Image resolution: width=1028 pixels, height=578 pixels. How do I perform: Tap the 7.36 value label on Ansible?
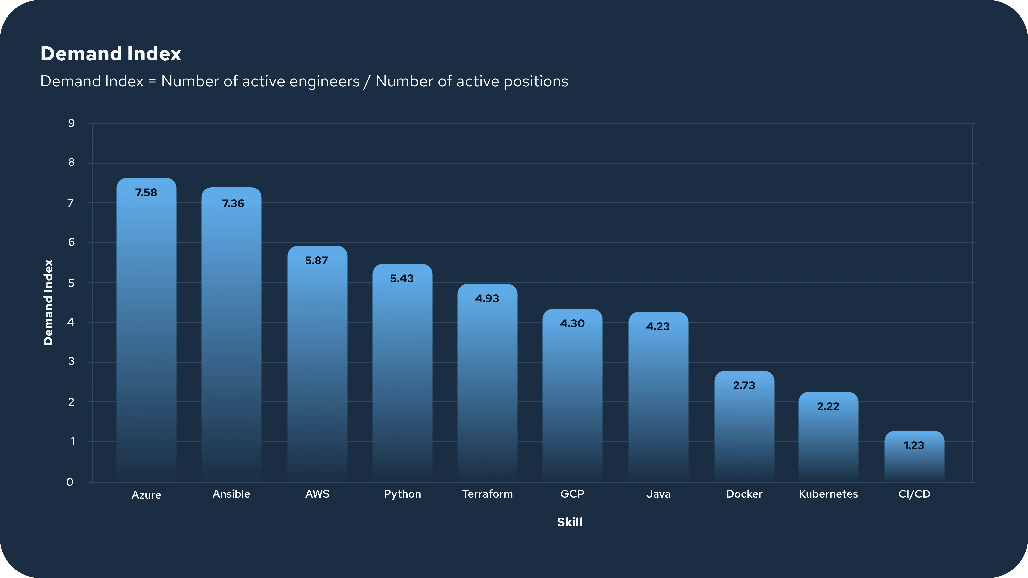click(x=233, y=204)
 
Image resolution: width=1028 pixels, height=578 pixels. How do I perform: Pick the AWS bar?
click(x=317, y=364)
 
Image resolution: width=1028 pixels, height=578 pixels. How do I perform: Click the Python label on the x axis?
click(x=402, y=494)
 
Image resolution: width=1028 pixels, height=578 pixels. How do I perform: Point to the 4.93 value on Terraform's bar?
click(x=487, y=299)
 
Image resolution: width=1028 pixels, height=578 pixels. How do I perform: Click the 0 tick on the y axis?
click(x=70, y=482)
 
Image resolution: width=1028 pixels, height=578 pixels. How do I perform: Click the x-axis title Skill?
click(x=569, y=522)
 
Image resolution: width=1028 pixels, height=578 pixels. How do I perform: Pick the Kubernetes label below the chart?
click(x=828, y=494)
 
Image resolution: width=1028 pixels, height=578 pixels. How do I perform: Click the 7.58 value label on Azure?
click(x=146, y=193)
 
